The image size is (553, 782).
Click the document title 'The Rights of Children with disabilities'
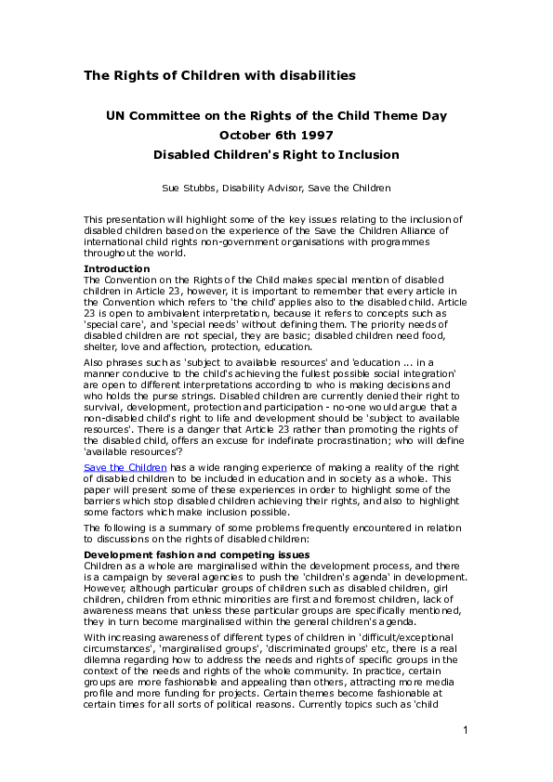[x=219, y=75]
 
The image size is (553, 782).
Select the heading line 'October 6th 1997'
[x=276, y=136]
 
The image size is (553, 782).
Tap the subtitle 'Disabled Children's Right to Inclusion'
[x=276, y=155]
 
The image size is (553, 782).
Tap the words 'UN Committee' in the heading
[x=151, y=116]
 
